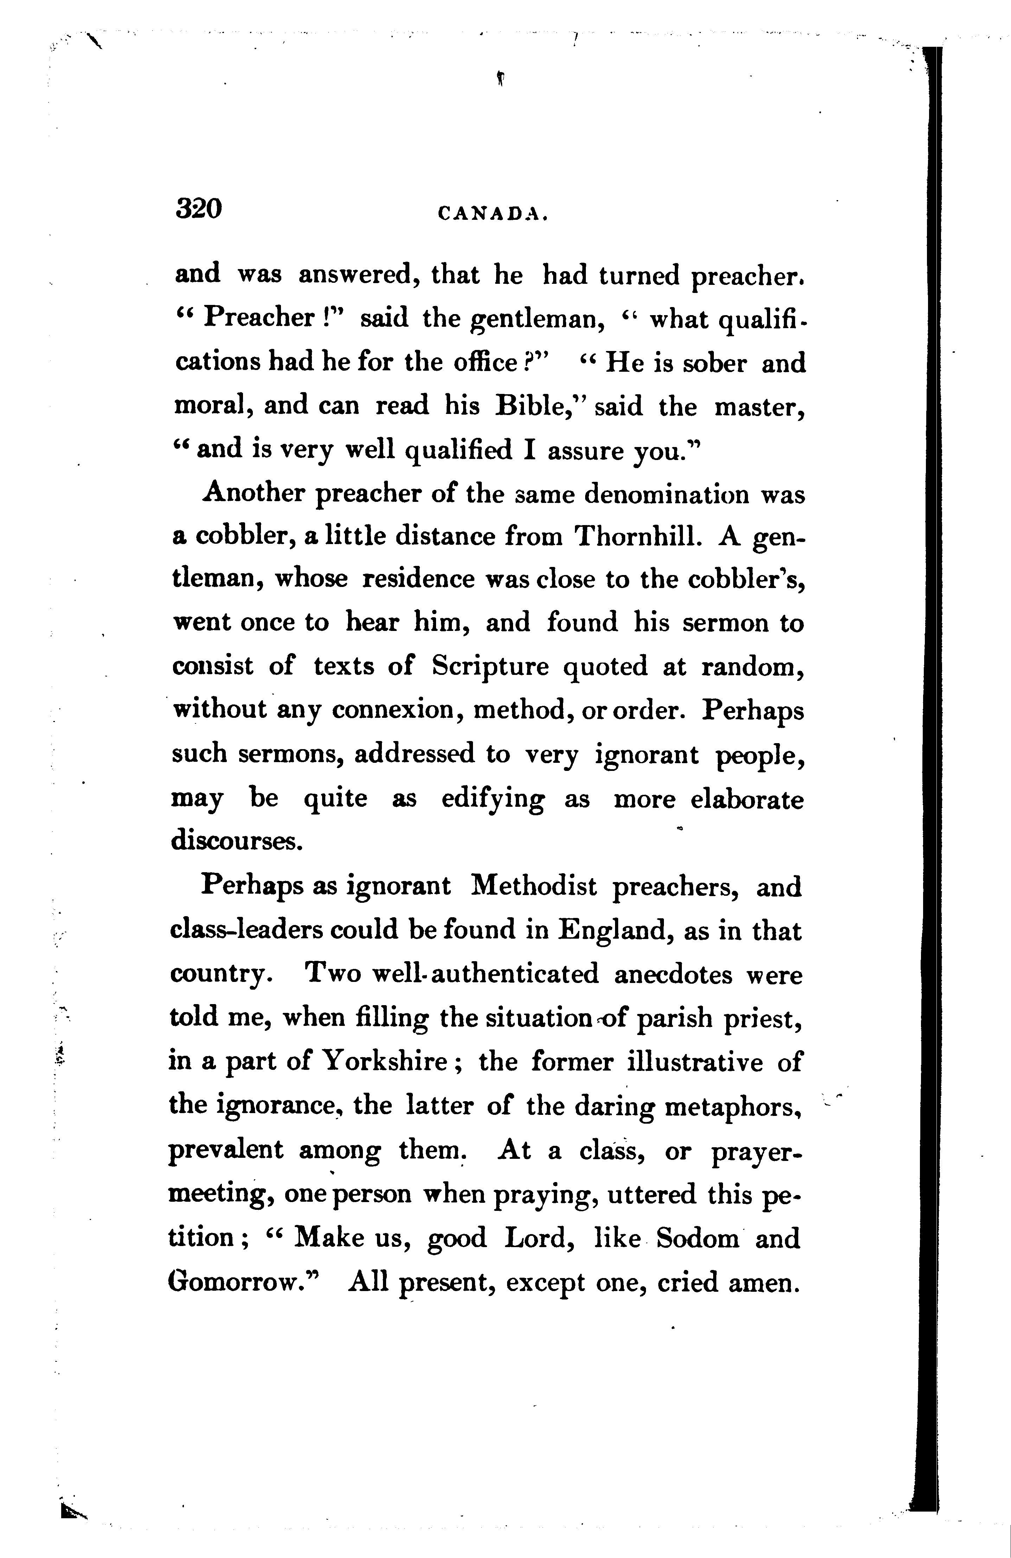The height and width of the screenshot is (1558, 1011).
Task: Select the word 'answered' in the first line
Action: [359, 276]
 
